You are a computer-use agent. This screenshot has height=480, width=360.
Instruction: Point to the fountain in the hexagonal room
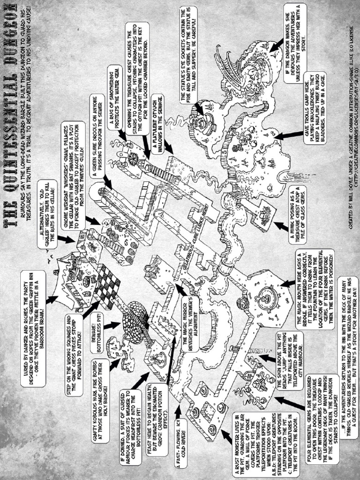click(265, 295)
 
